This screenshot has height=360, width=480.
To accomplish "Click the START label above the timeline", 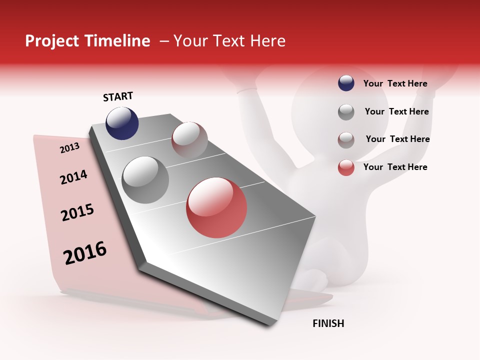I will pos(118,96).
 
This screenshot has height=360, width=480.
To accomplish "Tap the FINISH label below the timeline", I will pos(328,323).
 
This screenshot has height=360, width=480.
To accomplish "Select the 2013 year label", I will pos(69,147).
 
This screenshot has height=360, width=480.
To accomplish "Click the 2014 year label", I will pos(73,177).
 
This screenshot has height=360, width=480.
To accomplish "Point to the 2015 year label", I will pos(77,212).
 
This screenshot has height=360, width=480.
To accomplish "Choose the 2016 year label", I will pos(85,252).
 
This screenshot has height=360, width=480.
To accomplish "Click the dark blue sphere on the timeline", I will pos(122,123).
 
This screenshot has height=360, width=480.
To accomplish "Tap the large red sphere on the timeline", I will pos(216,207).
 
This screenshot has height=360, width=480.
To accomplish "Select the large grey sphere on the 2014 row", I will pos(145,180).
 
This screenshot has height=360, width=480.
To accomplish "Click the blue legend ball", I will pos(346,83).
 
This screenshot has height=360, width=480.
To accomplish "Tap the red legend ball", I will pos(346,167).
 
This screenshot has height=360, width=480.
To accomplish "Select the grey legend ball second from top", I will pos(346,112).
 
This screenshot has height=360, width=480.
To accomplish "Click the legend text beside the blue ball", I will pos(395,83).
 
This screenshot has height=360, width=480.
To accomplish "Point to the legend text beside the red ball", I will pos(395,167).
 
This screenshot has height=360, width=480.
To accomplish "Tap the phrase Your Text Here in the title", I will pos(229,41).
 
